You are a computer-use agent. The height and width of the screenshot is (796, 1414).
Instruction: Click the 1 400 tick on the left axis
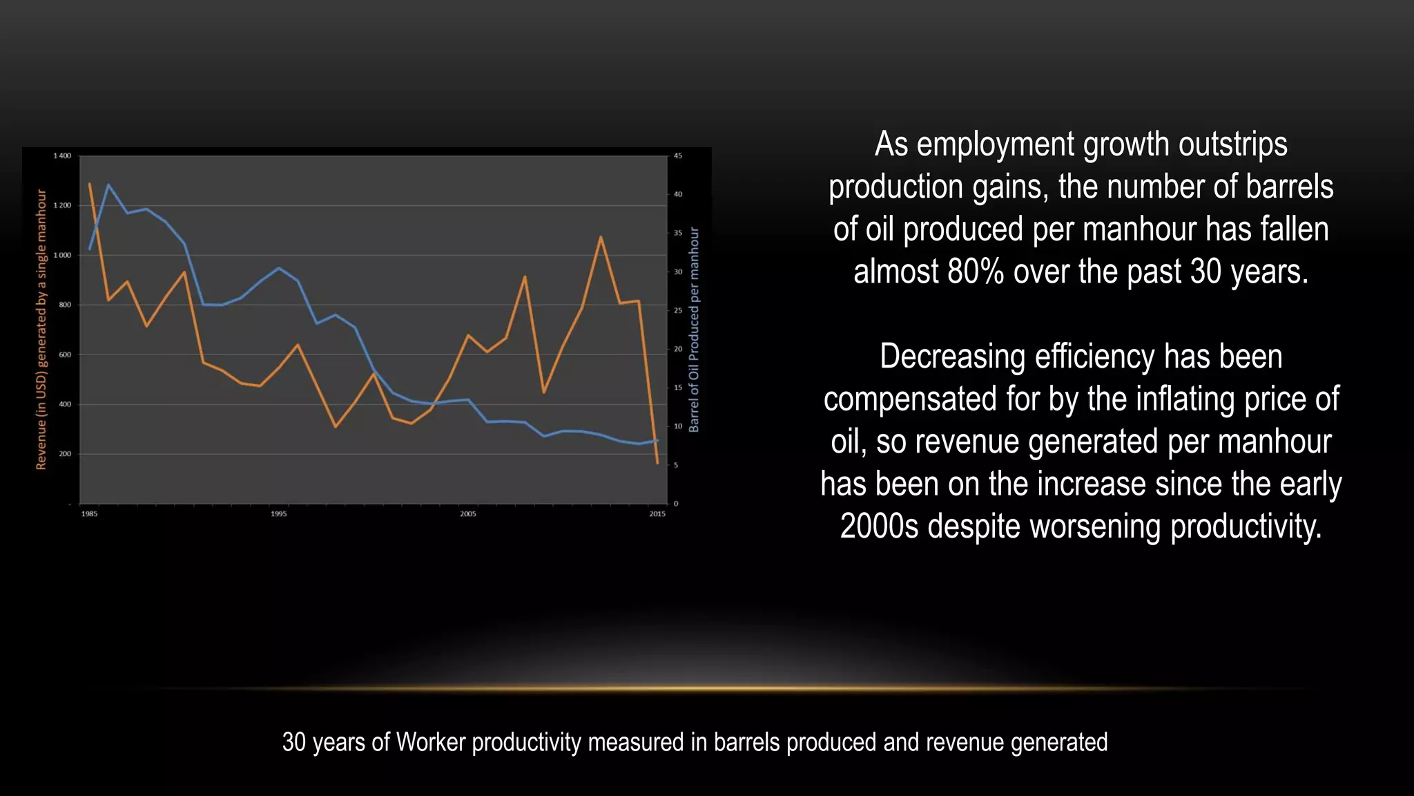62,156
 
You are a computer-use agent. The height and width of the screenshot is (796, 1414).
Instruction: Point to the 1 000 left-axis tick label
62,256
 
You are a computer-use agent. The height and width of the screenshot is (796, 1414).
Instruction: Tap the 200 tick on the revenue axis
65,454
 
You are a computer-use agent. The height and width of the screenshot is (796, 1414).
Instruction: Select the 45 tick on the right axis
678,156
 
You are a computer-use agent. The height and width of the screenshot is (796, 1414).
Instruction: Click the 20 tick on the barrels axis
678,350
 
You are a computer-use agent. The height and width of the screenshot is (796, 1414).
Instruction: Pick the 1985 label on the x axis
90,514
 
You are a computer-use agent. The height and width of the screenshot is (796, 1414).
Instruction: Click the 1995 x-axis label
279,514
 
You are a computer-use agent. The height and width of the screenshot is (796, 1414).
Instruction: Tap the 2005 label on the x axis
468,514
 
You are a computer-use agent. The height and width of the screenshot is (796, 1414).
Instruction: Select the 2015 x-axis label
657,514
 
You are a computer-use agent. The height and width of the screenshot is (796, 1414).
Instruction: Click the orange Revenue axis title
41,330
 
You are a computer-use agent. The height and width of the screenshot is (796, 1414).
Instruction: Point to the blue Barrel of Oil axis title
694,330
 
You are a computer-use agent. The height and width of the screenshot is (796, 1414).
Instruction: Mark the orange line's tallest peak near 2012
601,237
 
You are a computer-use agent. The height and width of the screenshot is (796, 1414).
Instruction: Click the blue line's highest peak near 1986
108,184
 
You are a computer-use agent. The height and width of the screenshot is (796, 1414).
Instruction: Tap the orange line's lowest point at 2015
657,463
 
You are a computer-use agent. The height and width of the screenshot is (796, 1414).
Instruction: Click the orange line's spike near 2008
525,277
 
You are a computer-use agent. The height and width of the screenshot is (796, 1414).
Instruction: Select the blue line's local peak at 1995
279,268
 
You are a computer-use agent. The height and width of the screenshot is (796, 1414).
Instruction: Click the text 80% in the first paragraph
976,272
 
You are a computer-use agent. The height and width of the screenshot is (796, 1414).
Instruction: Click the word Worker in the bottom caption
432,742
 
